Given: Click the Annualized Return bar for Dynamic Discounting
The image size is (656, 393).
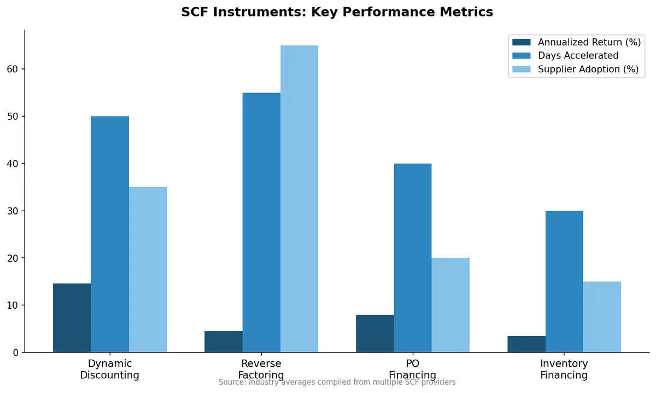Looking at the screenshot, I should [72, 318].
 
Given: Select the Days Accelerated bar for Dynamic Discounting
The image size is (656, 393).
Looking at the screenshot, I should [110, 234].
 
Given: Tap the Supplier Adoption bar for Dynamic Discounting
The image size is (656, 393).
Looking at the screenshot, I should [148, 270].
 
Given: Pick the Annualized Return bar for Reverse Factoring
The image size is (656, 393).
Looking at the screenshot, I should [223, 342].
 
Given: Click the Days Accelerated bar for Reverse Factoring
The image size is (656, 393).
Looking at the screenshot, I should [261, 223].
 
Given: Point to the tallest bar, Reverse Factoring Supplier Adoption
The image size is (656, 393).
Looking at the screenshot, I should [299, 199].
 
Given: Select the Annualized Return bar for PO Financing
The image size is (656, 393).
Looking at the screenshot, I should [374, 333].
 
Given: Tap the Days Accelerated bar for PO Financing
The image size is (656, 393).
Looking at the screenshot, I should [413, 258].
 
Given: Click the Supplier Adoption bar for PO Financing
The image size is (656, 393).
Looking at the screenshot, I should [450, 305].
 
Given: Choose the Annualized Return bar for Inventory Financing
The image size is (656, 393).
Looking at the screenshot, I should [526, 344].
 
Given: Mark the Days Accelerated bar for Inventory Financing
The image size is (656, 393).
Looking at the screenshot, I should [564, 281].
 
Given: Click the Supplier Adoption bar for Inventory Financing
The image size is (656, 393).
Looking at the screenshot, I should [602, 317].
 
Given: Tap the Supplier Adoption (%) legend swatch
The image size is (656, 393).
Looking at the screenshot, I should [522, 70].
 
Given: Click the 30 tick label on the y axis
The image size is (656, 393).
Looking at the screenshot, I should [13, 211].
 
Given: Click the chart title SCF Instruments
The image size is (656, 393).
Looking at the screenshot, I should [337, 12].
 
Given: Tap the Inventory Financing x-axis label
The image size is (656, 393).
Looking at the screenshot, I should [564, 369].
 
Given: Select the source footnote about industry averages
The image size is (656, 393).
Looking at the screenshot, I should [337, 382].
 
